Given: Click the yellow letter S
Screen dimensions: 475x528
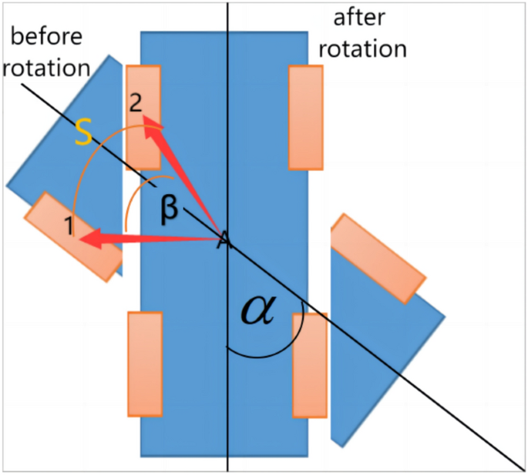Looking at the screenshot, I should (x=82, y=135).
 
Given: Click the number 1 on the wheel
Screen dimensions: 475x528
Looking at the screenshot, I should (x=69, y=226).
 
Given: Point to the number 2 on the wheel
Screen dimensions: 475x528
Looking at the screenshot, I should (x=136, y=104).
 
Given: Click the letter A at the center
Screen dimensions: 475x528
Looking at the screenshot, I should (x=223, y=240).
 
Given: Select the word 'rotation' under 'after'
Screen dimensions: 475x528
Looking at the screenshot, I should (x=362, y=49).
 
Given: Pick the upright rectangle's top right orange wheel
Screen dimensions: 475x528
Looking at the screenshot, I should (x=305, y=117).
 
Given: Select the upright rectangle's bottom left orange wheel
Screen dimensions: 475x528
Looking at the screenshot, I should (x=145, y=363).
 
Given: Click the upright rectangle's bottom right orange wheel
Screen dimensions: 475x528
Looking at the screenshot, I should (x=309, y=366).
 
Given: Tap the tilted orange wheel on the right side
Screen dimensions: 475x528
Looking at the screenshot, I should (x=378, y=258).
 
